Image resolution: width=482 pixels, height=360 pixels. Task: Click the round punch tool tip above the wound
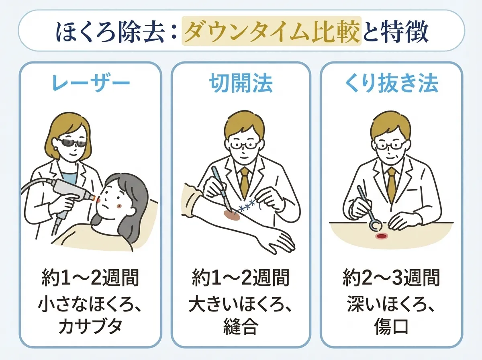click(376, 226)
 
